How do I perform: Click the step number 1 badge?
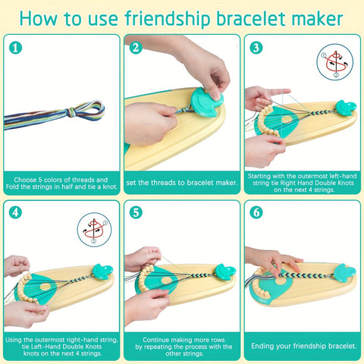(x=15, y=48)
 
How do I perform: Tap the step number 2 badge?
(x=136, y=48)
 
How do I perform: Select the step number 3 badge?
(x=256, y=48)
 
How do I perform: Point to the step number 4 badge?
(x=15, y=212)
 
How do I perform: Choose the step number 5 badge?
(x=136, y=212)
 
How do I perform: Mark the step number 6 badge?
(x=256, y=212)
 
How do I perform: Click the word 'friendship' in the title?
(x=168, y=19)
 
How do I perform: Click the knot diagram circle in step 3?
(x=335, y=62)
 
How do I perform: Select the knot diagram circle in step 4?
(x=94, y=230)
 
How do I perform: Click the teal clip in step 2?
(x=207, y=102)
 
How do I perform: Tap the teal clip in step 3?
(x=346, y=107)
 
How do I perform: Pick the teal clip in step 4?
(x=102, y=271)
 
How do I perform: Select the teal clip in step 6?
(x=344, y=272)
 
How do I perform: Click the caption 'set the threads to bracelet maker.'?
(x=182, y=183)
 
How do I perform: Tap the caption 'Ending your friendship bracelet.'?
(x=303, y=346)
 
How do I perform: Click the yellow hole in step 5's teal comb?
(x=167, y=280)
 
